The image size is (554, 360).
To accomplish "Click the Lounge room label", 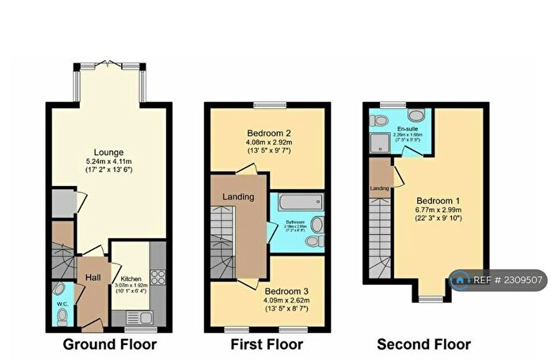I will pyautogui.click(x=109, y=152).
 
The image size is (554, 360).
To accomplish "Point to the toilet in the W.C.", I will pyautogui.click(x=62, y=316).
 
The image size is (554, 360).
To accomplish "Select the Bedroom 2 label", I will pyautogui.click(x=266, y=133).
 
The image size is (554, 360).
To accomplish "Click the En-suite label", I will pyautogui.click(x=407, y=127).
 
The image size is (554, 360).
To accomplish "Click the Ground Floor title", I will pyautogui.click(x=109, y=344).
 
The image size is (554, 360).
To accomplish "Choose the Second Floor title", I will pyautogui.click(x=423, y=344).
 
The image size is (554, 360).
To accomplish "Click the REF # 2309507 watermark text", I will pyautogui.click(x=508, y=279).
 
